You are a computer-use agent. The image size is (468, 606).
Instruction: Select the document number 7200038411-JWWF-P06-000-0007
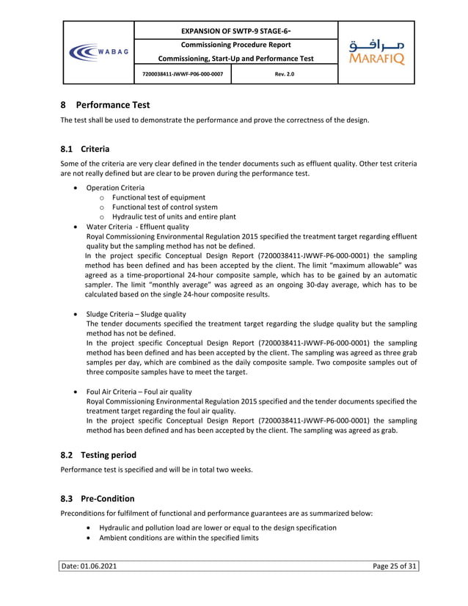tap(183, 74)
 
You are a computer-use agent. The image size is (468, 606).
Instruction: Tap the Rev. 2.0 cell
tap(284, 74)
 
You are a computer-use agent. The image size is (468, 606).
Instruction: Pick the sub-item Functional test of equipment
tap(158, 197)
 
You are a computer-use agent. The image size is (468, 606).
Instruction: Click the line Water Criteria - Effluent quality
tap(137, 227)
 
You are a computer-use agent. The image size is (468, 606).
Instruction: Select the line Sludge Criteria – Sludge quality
tap(136, 314)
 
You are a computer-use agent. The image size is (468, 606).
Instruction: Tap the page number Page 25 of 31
tap(395, 566)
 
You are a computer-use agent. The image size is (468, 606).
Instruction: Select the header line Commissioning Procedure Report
tap(235, 45)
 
